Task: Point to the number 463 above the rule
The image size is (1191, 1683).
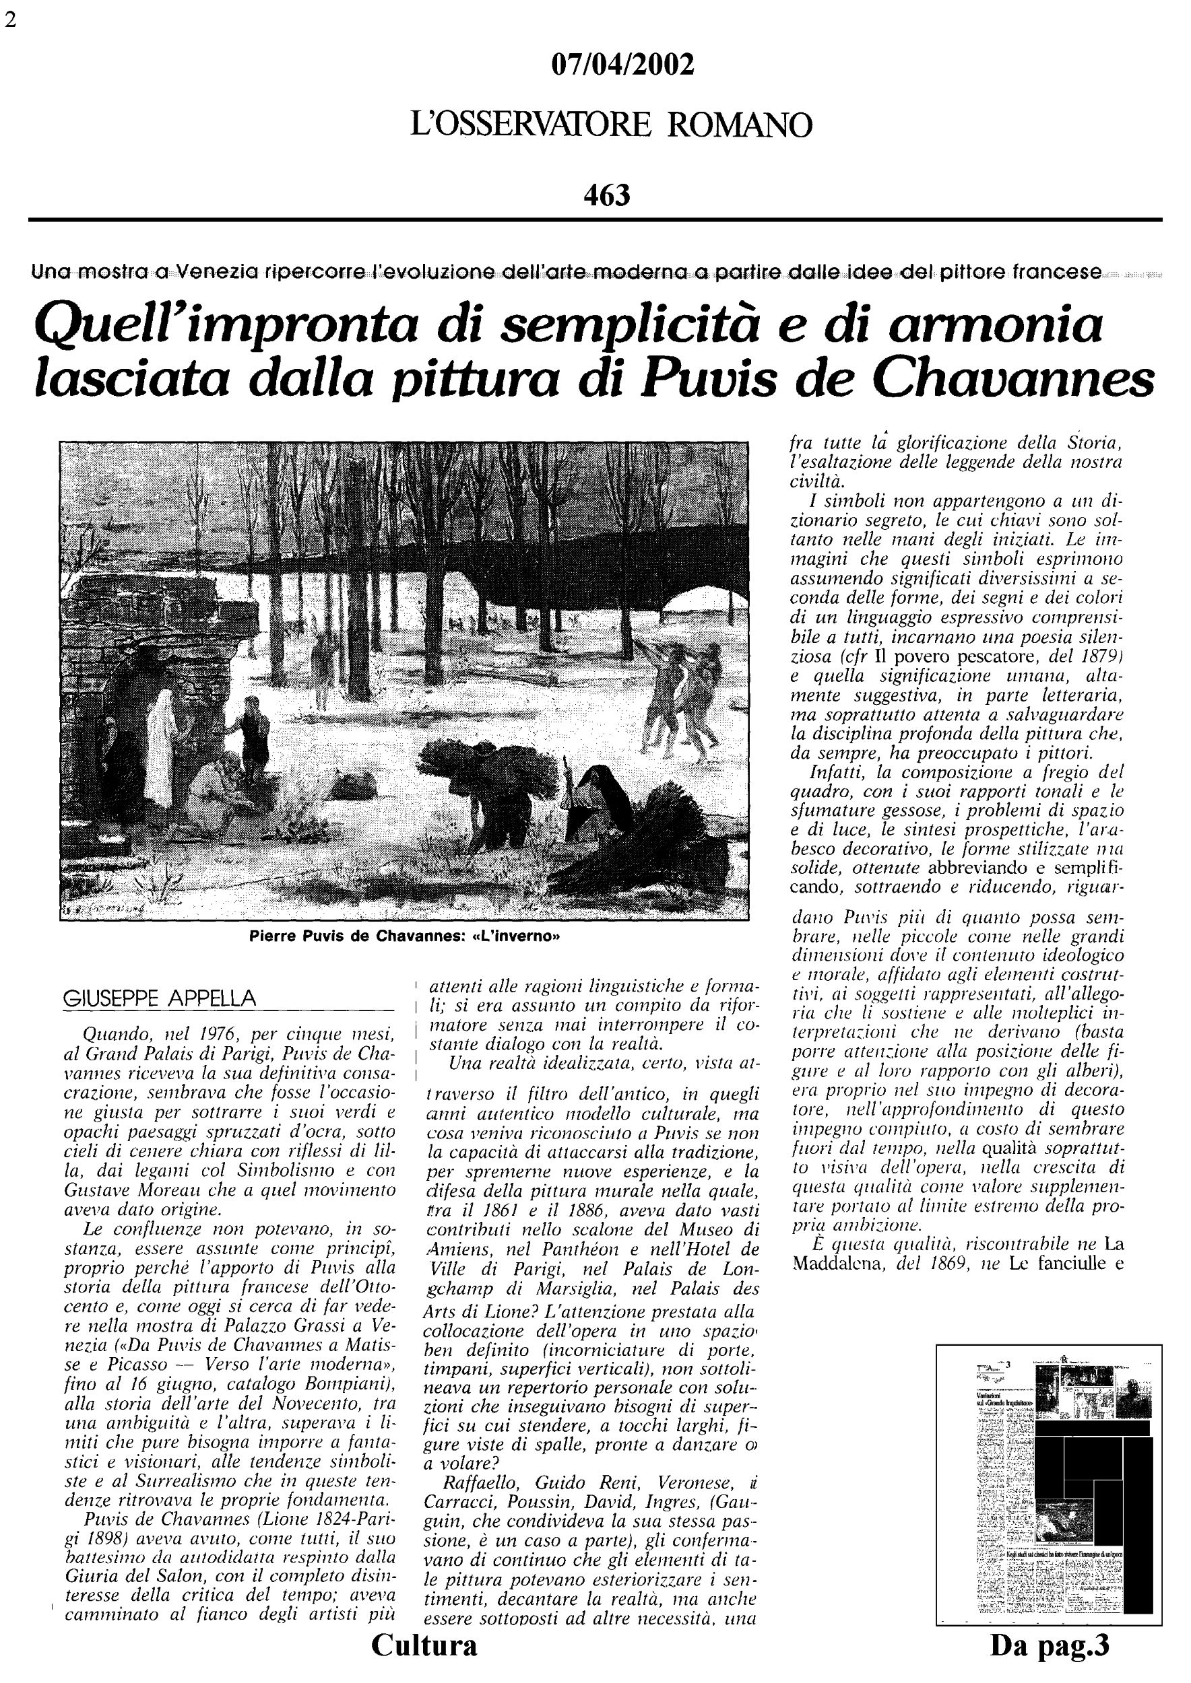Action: tap(607, 195)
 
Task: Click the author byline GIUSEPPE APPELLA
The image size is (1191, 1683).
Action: tap(160, 998)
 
